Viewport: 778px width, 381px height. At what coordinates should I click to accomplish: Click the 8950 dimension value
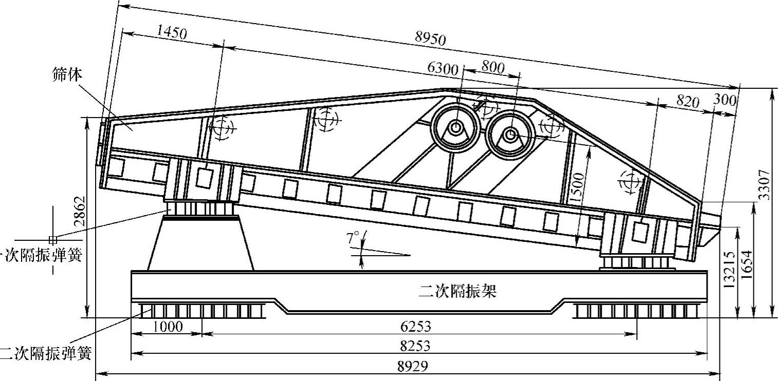431,39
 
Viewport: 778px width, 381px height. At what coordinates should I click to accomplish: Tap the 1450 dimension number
172,32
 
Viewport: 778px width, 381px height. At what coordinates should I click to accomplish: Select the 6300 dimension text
442,68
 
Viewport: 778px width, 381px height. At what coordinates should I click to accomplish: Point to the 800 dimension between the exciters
493,67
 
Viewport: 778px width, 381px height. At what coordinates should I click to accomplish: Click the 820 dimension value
688,101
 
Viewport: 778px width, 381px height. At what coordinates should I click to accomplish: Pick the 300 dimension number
725,100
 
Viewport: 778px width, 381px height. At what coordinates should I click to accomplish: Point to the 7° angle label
353,238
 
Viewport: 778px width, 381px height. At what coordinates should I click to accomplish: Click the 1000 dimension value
168,327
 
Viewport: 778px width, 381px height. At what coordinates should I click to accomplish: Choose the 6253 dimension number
415,327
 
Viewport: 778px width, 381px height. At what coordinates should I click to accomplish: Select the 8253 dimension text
415,346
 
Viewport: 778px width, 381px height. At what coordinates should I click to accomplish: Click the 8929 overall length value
413,366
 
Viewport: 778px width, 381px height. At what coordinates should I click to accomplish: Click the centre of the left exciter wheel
455,127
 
